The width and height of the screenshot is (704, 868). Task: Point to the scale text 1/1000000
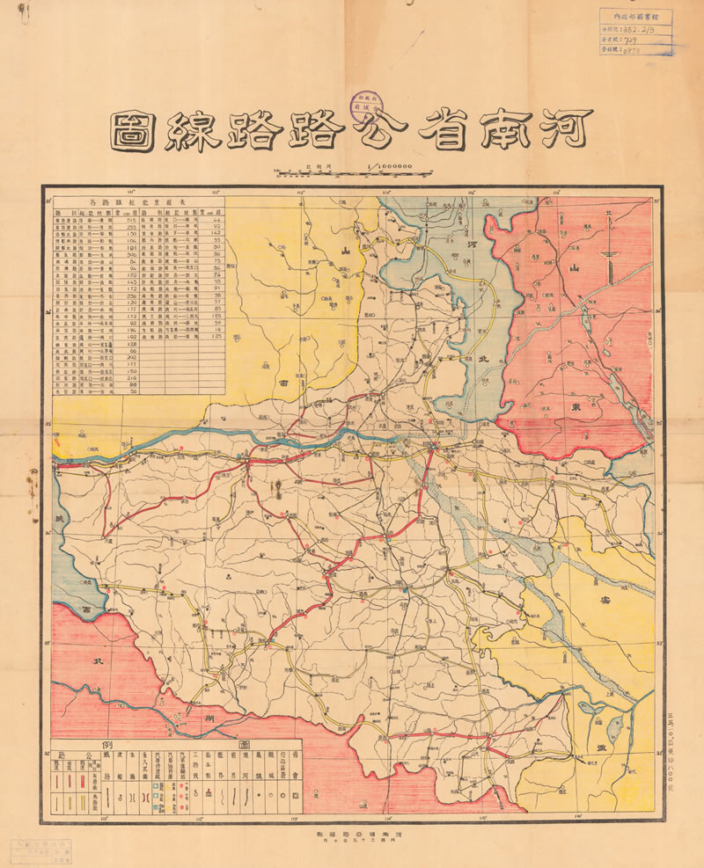[x=389, y=165]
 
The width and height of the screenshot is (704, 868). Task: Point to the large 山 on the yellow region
[x=346, y=252]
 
